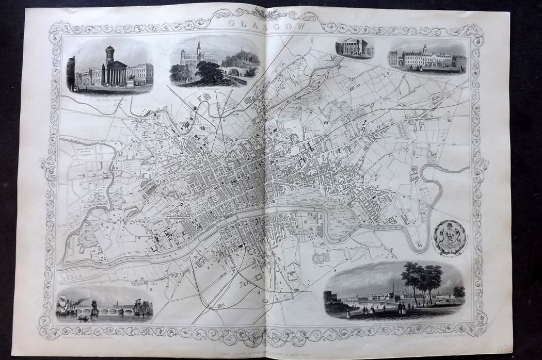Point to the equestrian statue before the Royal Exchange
point(131,79)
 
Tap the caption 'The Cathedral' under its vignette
point(198,87)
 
